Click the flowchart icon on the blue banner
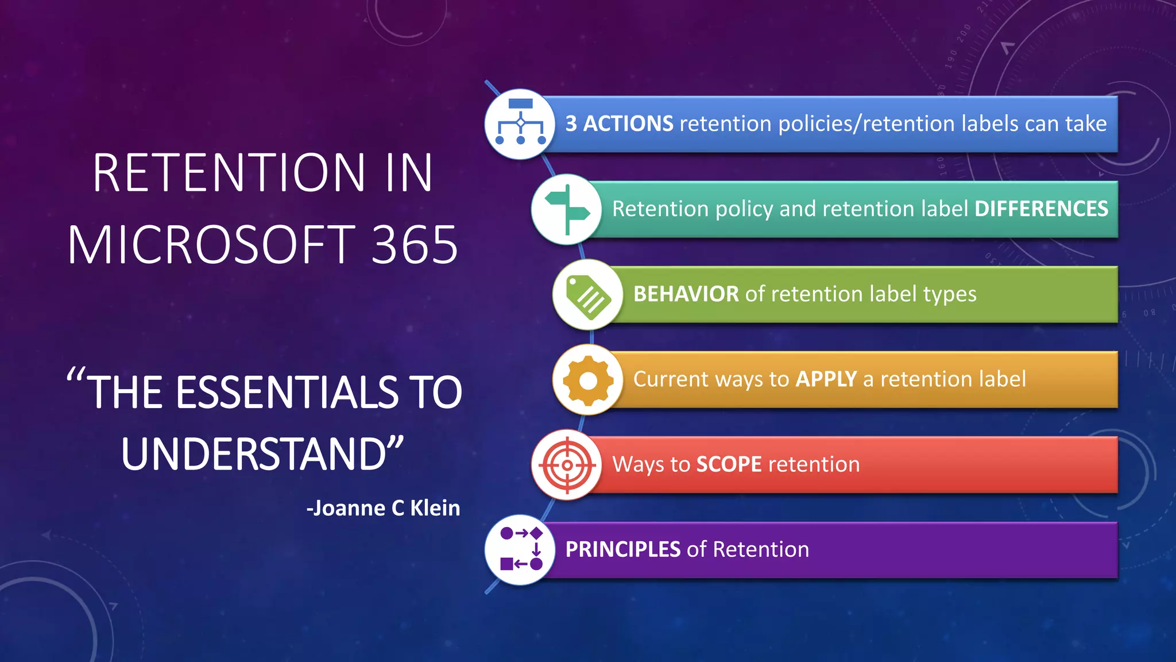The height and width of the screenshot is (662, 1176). tap(520, 124)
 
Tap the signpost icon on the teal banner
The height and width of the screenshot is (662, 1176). tap(567, 209)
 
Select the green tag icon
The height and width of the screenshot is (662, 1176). tap(587, 295)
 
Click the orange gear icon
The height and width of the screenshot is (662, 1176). tap(588, 380)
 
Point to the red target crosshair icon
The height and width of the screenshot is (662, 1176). tap(567, 465)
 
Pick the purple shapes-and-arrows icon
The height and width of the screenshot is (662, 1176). tap(520, 549)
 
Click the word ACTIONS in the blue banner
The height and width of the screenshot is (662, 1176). tap(628, 124)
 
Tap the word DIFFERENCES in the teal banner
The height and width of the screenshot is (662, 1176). tap(1041, 209)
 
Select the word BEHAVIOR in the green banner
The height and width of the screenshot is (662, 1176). tap(686, 294)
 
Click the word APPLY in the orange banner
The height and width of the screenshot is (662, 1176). tap(826, 379)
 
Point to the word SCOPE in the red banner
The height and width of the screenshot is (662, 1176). tap(729, 464)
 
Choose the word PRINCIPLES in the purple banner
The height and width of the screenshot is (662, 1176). tap(622, 549)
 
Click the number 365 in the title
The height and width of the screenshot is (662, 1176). tap(415, 245)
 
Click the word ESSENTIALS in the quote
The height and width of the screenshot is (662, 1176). tap(287, 392)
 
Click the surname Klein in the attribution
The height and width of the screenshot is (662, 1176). tap(435, 508)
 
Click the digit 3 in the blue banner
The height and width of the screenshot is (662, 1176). tap(571, 124)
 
